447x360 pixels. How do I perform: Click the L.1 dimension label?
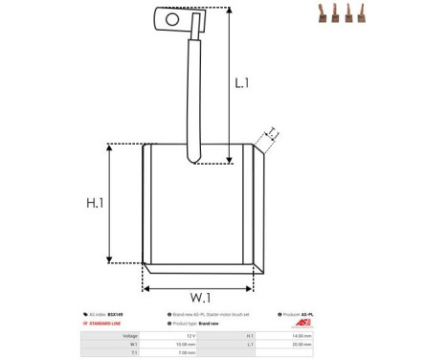242,83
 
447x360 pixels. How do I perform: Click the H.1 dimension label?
94,203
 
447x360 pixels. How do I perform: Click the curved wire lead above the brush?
194,96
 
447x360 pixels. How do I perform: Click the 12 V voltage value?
191,336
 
